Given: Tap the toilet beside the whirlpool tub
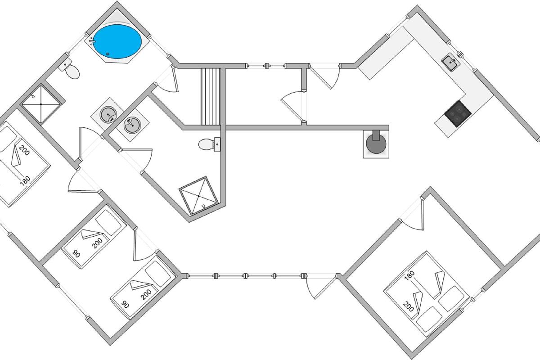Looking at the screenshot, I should (x=72, y=71).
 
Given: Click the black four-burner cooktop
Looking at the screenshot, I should (x=457, y=113).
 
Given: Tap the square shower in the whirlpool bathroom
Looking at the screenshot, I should (x=41, y=104).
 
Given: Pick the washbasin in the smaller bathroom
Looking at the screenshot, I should (x=131, y=125).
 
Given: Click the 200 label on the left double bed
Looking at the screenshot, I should (x=24, y=151).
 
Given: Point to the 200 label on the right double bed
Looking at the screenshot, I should (x=409, y=307).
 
